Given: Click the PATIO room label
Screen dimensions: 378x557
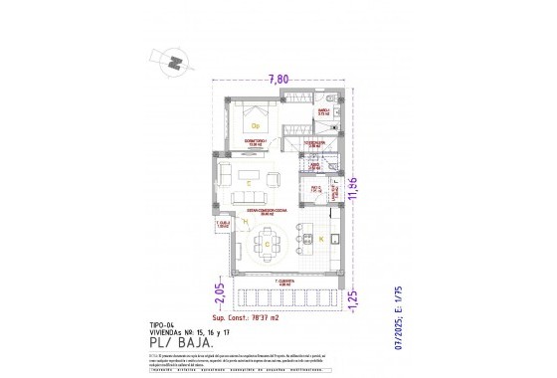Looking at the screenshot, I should point(313,186).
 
